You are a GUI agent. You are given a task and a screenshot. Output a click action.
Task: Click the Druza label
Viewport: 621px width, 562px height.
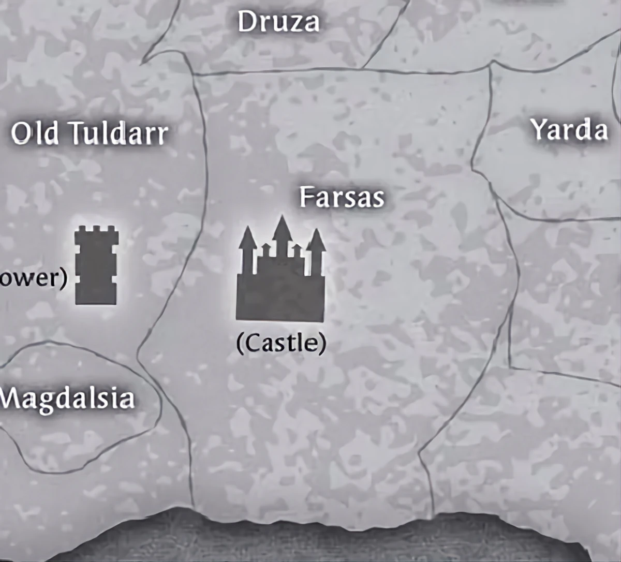[x=278, y=22]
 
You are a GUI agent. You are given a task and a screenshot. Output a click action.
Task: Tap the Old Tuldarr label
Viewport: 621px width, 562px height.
[x=90, y=133]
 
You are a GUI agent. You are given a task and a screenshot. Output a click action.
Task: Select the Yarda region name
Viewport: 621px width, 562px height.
[x=569, y=129]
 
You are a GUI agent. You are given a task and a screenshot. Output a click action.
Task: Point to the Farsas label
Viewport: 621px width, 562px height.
[x=342, y=197]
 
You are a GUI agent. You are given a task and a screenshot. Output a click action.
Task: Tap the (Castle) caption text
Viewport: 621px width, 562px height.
[x=281, y=343]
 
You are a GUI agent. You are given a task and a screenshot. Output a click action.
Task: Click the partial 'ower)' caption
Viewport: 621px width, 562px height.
[x=33, y=278]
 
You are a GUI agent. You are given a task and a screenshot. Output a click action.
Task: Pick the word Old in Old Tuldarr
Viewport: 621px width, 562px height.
[x=35, y=133]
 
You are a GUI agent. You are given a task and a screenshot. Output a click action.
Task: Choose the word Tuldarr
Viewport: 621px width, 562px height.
[x=119, y=133]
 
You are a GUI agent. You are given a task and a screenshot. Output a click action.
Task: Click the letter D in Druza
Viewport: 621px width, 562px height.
[x=247, y=22]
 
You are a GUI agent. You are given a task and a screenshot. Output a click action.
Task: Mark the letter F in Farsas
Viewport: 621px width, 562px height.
[x=307, y=197]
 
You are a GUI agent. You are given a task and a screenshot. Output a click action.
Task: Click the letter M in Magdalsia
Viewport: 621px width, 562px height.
[x=11, y=397]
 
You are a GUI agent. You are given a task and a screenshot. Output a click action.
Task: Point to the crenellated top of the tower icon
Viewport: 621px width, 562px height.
[x=96, y=231]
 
